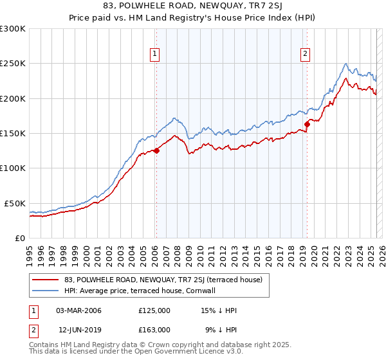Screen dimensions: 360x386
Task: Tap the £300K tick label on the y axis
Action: point(13,29)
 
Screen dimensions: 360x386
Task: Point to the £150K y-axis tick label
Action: point(13,133)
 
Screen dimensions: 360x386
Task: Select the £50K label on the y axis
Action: point(15,203)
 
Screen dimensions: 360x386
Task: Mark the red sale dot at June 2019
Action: point(308,125)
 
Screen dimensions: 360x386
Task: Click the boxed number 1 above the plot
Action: point(156,54)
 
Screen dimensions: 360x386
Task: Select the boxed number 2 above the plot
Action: point(305,54)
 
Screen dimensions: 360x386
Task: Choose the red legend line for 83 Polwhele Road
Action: point(46,280)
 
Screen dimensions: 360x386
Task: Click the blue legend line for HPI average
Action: point(46,291)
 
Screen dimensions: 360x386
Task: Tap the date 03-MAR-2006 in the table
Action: point(79,310)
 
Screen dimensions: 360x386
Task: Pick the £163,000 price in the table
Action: point(154,330)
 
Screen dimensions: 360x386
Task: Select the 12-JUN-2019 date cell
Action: point(79,330)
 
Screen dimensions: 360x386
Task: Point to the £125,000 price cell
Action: point(154,310)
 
